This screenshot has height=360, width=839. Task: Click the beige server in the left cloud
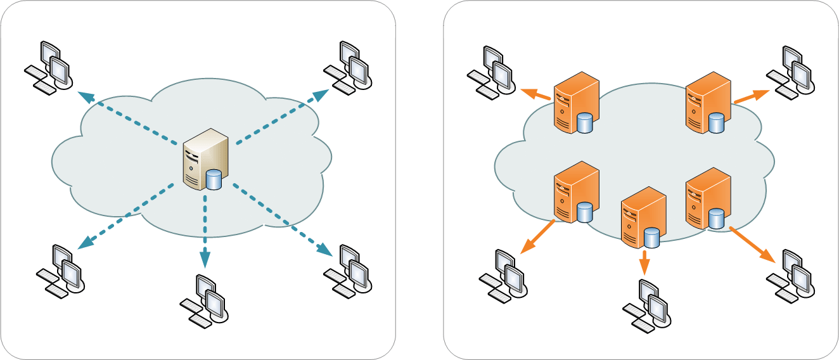coord(204,158)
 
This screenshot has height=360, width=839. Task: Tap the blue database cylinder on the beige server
coord(214,179)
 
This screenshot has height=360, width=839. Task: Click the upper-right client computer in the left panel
coord(348,67)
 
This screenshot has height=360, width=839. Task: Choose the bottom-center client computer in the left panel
coord(204,301)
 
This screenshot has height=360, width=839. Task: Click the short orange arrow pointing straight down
coord(644,262)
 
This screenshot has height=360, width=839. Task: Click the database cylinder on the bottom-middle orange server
coord(651,238)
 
